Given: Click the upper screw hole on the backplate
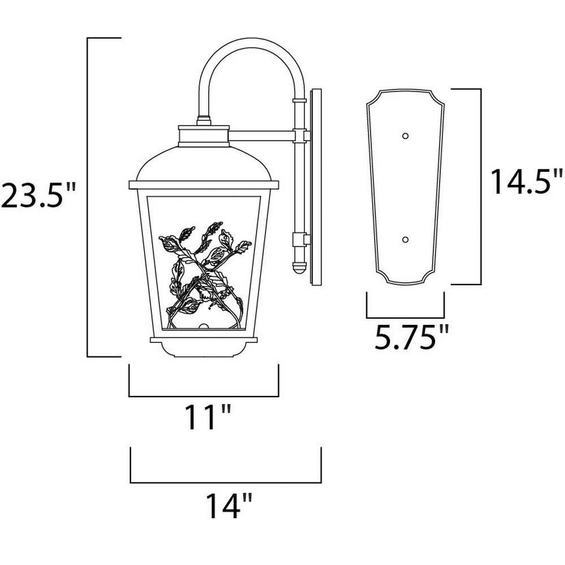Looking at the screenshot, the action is [x=405, y=136].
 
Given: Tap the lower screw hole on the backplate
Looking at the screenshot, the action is [x=405, y=240].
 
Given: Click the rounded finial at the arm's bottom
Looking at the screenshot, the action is [x=299, y=267].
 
